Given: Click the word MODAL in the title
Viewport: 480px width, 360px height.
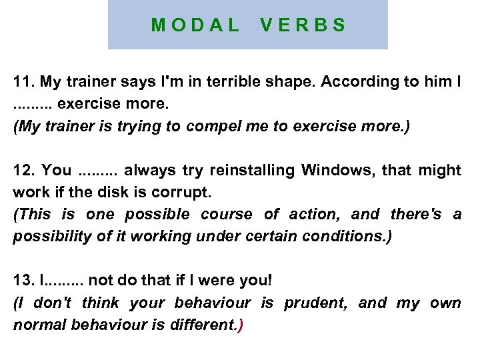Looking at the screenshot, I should pyautogui.click(x=195, y=26).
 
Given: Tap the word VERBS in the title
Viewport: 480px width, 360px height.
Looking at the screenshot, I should pyautogui.click(x=303, y=26).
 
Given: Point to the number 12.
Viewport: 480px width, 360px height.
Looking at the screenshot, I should pyautogui.click(x=25, y=171).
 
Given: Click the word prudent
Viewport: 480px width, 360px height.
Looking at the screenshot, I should pyautogui.click(x=315, y=304).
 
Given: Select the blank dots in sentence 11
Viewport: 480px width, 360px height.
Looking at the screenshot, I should pyautogui.click(x=33, y=105).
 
